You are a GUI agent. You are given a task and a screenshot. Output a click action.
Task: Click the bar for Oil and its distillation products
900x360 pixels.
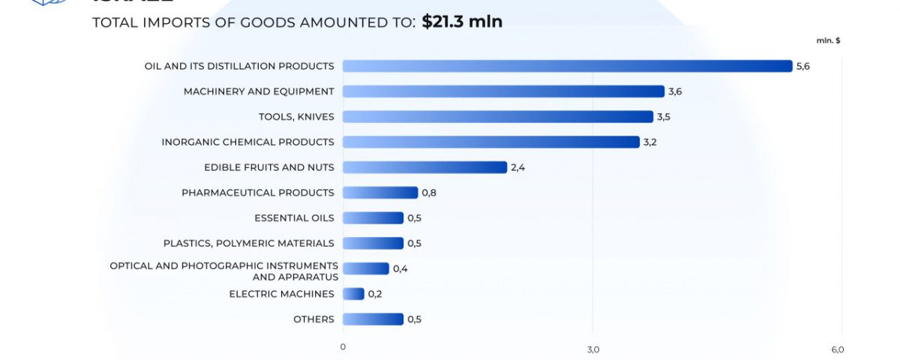567,66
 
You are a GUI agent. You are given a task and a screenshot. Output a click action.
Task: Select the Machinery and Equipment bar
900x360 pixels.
503,91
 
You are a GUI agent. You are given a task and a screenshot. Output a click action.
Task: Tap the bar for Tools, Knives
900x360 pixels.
497,117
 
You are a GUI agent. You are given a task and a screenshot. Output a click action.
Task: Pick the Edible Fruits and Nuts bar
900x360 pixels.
424,167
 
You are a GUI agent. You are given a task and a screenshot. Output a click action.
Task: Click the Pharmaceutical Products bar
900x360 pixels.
380,193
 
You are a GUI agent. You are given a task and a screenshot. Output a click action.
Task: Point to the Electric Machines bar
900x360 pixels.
353,294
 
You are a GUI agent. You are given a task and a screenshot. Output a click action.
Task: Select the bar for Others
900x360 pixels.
373,319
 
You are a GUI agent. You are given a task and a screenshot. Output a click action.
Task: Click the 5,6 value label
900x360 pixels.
803,66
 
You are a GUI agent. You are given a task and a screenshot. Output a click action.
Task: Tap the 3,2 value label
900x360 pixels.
650,142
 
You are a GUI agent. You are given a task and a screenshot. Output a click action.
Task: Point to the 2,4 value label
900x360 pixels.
518,167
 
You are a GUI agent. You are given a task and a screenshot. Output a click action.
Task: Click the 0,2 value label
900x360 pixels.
375,294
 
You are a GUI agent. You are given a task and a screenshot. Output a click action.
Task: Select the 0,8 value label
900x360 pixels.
429,193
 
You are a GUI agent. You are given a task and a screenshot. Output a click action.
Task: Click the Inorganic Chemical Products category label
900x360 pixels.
247,142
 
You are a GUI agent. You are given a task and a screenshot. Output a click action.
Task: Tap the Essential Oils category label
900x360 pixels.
294,218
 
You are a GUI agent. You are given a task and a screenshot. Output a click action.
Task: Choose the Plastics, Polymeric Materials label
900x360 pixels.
249,244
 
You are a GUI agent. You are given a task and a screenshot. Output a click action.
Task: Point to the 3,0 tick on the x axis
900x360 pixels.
593,349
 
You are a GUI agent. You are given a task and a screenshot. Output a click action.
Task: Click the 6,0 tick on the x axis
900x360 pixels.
838,349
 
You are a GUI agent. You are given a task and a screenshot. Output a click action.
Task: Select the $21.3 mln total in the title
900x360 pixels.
462,22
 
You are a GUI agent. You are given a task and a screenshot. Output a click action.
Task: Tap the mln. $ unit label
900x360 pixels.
828,40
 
